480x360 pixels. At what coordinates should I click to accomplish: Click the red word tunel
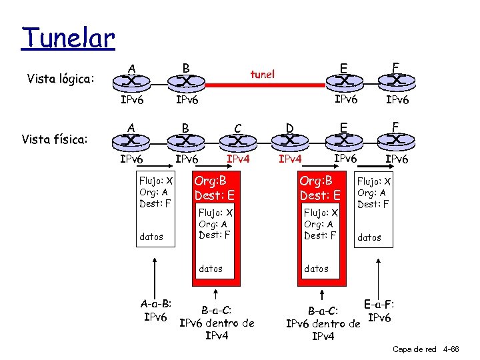[x=262, y=74]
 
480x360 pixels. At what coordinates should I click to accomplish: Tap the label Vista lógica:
[x=61, y=80]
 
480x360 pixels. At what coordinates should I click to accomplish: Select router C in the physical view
[x=237, y=141]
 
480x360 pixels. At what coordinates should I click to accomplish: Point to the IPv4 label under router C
[x=239, y=159]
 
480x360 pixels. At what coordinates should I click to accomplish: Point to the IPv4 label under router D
[x=290, y=159]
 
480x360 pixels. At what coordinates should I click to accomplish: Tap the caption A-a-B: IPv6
[x=157, y=310]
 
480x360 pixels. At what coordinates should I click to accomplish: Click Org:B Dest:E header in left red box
[x=211, y=188]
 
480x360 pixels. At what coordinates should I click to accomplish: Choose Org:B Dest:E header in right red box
[x=320, y=188]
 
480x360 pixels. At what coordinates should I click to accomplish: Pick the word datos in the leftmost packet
[x=151, y=237]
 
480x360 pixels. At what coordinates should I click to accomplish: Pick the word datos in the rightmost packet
[x=369, y=237]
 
